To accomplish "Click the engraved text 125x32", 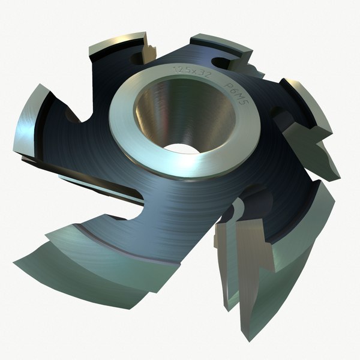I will pyautogui.click(x=188, y=71).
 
